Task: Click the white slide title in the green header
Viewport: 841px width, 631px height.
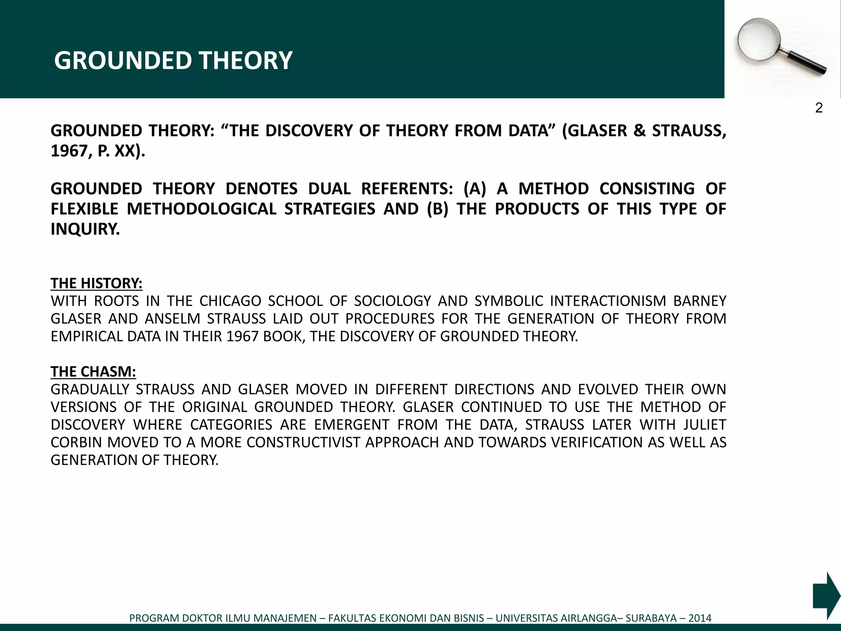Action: (173, 60)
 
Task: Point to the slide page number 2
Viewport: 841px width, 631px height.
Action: (819, 108)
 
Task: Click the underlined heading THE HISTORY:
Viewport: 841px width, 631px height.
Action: (97, 283)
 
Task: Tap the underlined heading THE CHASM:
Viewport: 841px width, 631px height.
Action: (93, 371)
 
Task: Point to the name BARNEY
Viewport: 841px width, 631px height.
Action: (700, 301)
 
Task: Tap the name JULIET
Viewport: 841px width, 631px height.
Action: (705, 424)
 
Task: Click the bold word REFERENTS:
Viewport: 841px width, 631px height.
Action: (407, 189)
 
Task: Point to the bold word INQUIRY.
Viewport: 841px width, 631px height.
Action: (85, 229)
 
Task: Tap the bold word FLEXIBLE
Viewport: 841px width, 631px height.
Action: (84, 209)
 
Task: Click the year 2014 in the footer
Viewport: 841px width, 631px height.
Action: (700, 618)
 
